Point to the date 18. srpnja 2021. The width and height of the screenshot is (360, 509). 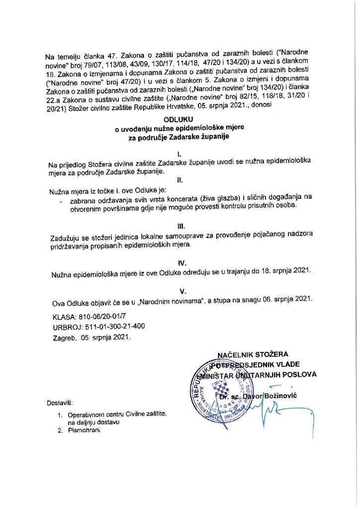(282, 271)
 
